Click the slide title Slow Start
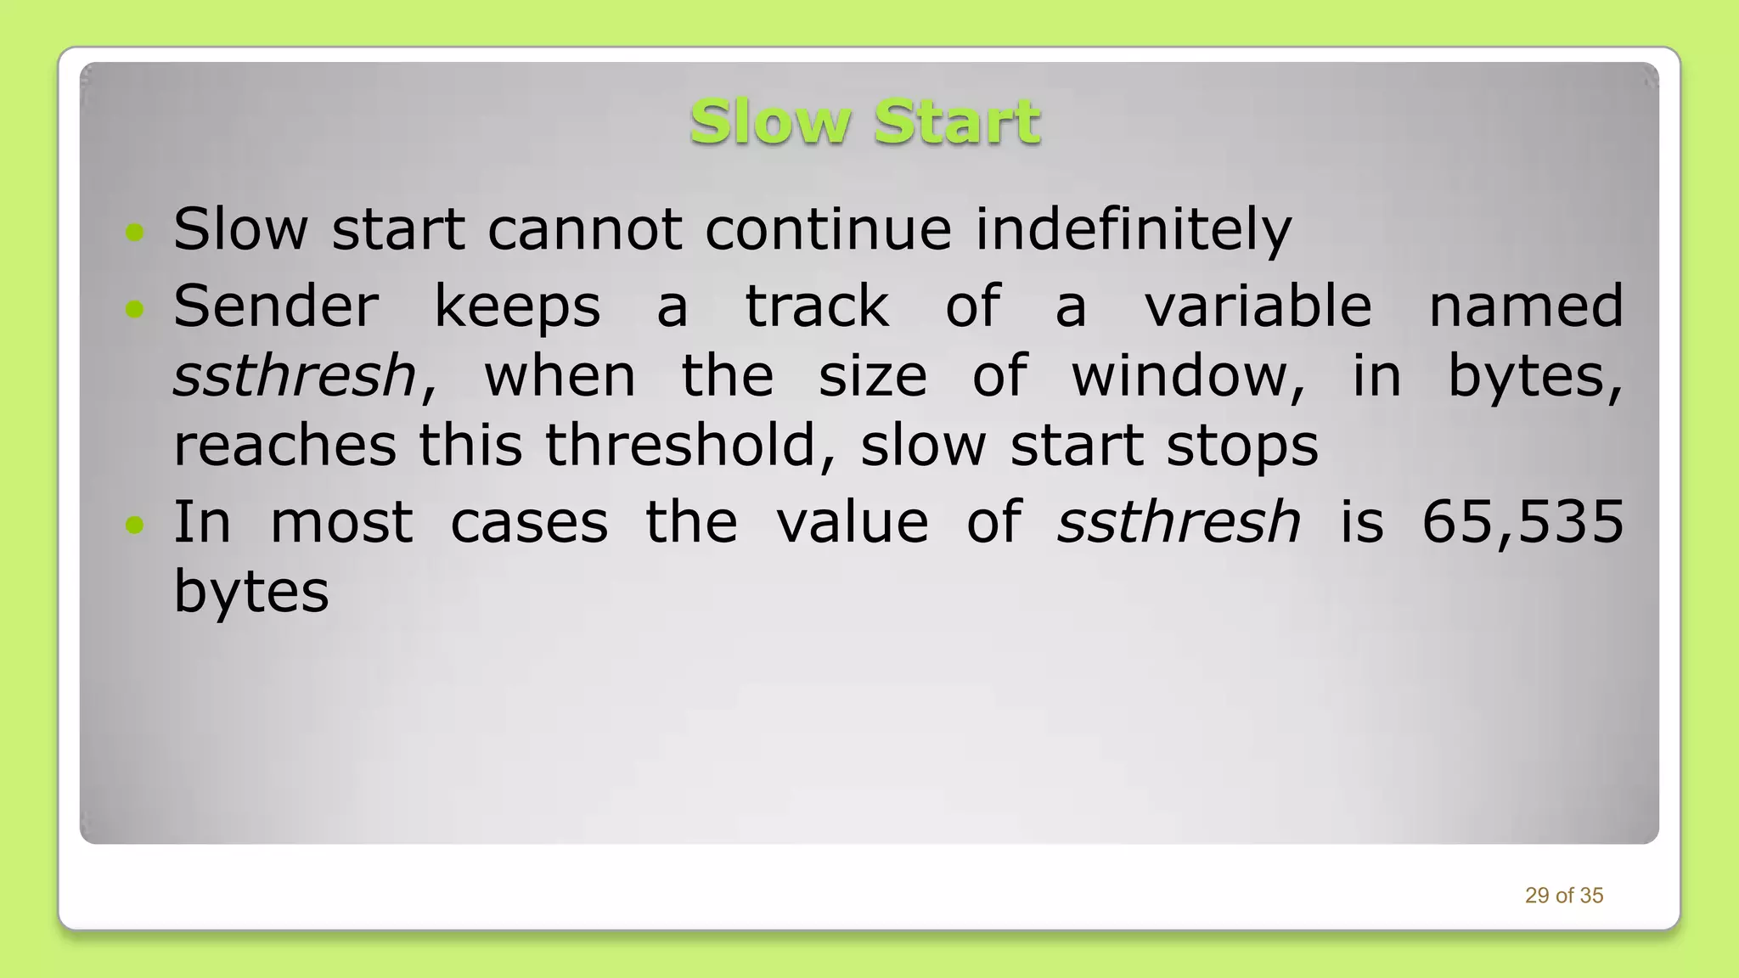coord(864,122)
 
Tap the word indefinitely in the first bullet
coord(1133,229)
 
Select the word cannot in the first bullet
coord(584,229)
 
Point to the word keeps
coord(517,307)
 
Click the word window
coord(1187,375)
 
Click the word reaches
coord(284,445)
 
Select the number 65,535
coord(1522,522)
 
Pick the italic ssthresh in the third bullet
coord(1179,521)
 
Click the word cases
coord(529,522)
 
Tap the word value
coord(853,521)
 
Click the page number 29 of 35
coord(1563,896)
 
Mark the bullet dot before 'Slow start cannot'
coord(134,232)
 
